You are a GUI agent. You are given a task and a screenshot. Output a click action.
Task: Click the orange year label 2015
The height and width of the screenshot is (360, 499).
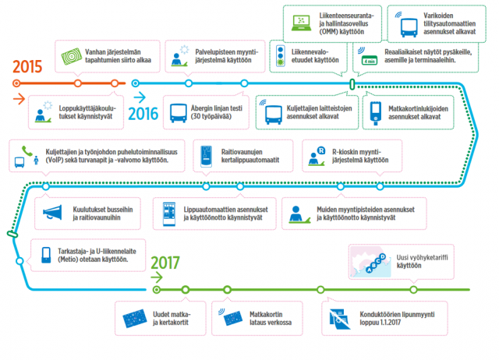[27, 65]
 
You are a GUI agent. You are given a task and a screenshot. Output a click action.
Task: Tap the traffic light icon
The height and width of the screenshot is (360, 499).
[282, 55]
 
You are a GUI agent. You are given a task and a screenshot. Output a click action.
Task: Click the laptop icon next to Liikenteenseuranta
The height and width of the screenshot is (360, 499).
[299, 22]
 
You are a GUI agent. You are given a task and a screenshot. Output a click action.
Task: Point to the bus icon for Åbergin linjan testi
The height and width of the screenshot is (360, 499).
[179, 113]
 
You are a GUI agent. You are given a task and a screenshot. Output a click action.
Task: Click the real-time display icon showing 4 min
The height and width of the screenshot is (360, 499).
[369, 55]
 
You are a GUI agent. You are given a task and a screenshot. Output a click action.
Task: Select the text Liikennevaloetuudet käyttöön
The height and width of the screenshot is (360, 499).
[321, 55]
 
